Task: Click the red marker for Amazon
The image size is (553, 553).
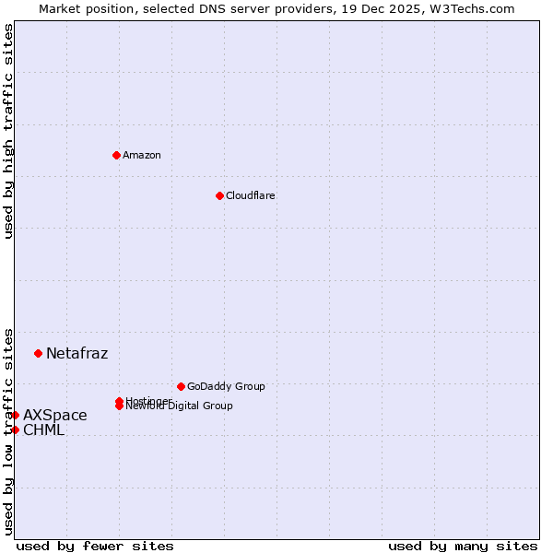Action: [116, 155]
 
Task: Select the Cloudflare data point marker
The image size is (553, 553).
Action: [219, 195]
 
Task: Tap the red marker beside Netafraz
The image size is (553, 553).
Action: [38, 353]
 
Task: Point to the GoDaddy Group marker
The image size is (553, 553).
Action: [181, 386]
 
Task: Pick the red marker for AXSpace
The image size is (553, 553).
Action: [15, 415]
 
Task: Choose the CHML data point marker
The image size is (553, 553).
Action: [15, 429]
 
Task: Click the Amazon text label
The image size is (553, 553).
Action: [141, 155]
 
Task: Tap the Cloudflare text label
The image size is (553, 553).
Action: [250, 195]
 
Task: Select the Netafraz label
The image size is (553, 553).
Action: [76, 353]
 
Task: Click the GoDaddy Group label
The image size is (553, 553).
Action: [226, 386]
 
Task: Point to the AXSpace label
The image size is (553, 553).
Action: [55, 415]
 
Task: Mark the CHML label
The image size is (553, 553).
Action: [43, 429]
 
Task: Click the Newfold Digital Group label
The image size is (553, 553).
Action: [180, 406]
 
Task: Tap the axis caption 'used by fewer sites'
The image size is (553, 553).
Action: [95, 546]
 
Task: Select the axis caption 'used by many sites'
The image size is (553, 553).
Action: [463, 546]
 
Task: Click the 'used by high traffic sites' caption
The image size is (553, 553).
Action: [8, 131]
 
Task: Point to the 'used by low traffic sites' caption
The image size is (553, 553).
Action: [8, 430]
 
